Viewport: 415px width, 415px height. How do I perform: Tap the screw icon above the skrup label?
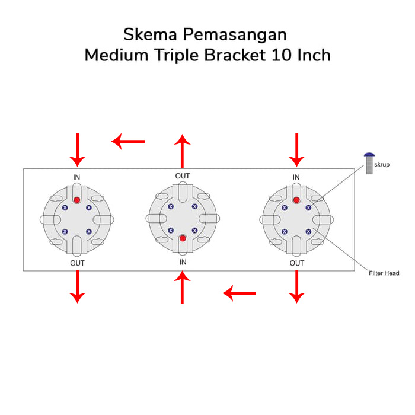(369, 162)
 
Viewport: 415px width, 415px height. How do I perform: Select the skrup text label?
(382, 164)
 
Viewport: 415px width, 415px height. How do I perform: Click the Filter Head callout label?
(383, 273)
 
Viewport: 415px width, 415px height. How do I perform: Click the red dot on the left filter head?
(77, 199)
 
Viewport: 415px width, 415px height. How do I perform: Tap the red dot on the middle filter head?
(183, 238)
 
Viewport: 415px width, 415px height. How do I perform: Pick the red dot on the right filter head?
(296, 199)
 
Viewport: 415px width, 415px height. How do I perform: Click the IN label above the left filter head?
(77, 177)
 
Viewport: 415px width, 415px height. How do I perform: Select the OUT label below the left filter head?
(77, 263)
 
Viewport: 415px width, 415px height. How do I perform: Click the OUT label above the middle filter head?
(183, 176)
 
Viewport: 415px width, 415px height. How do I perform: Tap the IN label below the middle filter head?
(183, 261)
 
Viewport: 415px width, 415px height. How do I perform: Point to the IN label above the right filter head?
(296, 177)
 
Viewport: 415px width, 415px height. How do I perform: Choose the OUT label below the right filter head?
(297, 263)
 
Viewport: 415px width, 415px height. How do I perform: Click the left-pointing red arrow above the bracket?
(128, 141)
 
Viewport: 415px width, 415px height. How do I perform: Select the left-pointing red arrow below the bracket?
(240, 292)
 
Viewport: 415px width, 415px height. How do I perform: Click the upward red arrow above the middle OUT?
(182, 151)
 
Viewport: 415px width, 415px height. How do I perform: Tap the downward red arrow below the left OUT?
(77, 286)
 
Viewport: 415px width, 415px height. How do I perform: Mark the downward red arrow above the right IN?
(296, 149)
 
